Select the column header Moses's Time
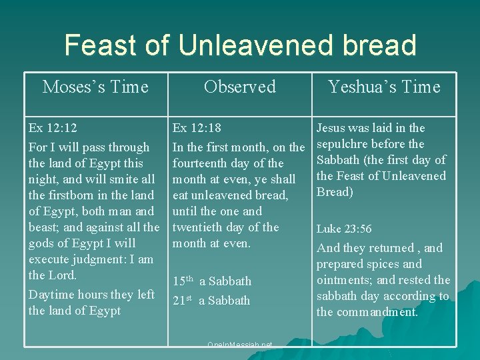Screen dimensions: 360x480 [x=95, y=87]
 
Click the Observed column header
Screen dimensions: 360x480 [x=239, y=87]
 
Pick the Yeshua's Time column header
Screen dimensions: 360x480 [x=384, y=87]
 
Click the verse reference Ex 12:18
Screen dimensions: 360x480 [x=197, y=128]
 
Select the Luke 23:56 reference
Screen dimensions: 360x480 [x=344, y=229]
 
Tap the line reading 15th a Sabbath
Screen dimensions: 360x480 [x=212, y=281]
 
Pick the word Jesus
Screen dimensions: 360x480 [x=331, y=128]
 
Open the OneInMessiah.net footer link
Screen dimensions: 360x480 [x=240, y=345]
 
